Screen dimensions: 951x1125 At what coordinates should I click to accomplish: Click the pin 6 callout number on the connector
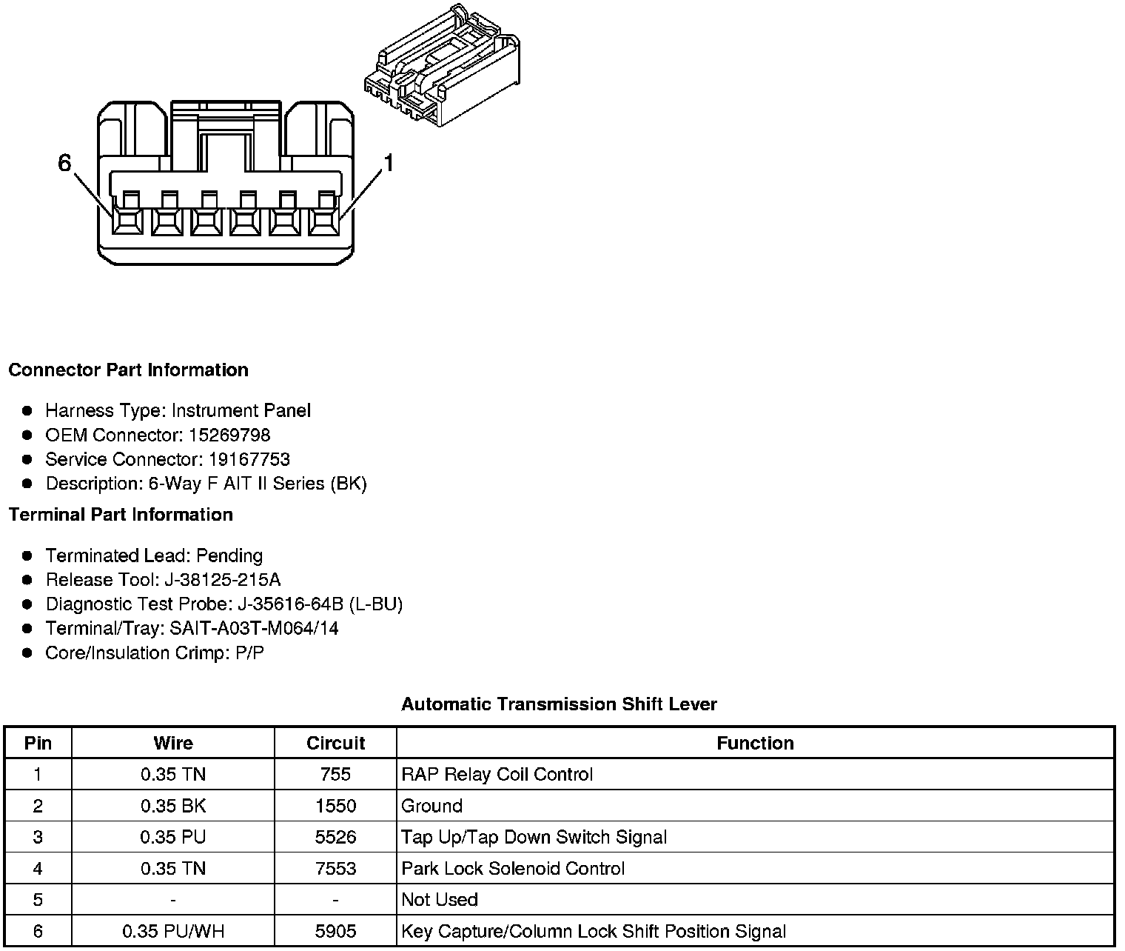64,163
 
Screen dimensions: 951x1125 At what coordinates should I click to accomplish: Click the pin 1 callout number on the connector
388,163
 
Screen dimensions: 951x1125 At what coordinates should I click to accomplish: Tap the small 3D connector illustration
442,67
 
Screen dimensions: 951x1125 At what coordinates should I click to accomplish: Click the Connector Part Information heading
128,370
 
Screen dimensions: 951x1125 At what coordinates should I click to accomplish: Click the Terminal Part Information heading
121,514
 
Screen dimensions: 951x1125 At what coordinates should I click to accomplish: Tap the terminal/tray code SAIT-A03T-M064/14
254,628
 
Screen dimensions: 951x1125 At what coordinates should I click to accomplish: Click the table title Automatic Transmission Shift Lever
559,704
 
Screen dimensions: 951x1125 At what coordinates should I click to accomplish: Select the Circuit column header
335,743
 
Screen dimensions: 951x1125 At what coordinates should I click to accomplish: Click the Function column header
755,743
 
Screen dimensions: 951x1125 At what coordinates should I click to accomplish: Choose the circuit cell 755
335,774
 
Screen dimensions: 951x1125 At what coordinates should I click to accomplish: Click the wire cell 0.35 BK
172,806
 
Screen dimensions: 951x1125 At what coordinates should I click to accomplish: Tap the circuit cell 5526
335,837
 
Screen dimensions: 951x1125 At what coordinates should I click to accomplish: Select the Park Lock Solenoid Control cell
513,868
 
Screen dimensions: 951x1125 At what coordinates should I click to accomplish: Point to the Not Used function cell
440,899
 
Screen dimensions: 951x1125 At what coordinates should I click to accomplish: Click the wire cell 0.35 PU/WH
172,931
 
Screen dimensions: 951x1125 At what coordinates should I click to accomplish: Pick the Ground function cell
431,806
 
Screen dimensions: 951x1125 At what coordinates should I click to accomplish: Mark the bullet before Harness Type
27,410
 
